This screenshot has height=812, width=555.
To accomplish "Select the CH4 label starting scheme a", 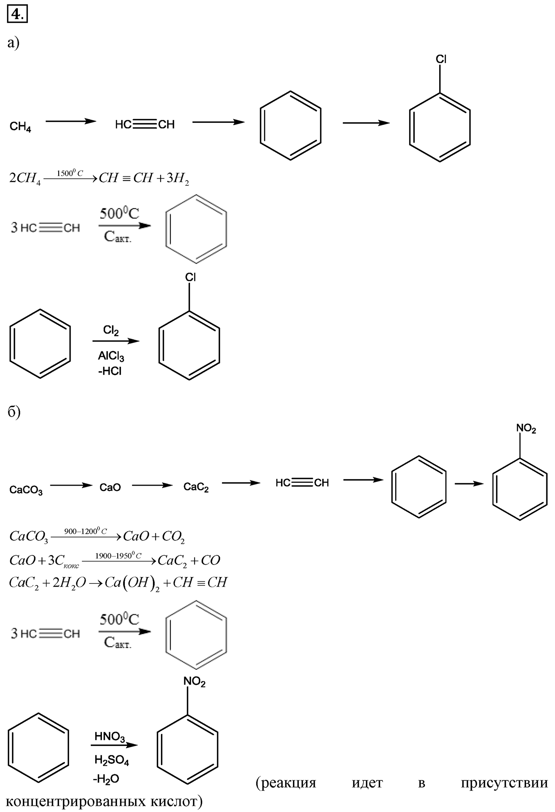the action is (20, 127).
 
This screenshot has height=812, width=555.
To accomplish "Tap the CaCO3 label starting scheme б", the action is (26, 490).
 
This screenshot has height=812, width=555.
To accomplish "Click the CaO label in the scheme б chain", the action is (110, 487).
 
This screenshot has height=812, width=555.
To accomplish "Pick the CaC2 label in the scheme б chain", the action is (196, 487).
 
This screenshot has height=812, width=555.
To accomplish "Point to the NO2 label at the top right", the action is (526, 429).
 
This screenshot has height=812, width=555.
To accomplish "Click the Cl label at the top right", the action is (441, 59).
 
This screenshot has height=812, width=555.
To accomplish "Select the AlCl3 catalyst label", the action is (111, 356).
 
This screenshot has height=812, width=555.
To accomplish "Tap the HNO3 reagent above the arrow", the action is (110, 737).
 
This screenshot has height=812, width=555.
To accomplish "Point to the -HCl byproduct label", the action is (110, 372).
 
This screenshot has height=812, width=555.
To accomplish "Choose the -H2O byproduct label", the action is (106, 779).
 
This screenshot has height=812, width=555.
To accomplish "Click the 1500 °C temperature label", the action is (70, 173).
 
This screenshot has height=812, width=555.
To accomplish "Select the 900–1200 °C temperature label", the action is (85, 531).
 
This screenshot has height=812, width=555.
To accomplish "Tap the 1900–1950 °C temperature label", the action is (118, 556).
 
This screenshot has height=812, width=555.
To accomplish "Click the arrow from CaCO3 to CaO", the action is (71, 485).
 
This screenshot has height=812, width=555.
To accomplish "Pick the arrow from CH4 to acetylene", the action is (71, 121).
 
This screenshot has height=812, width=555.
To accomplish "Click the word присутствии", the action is (504, 783).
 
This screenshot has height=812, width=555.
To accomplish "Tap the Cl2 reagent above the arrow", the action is (111, 330).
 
